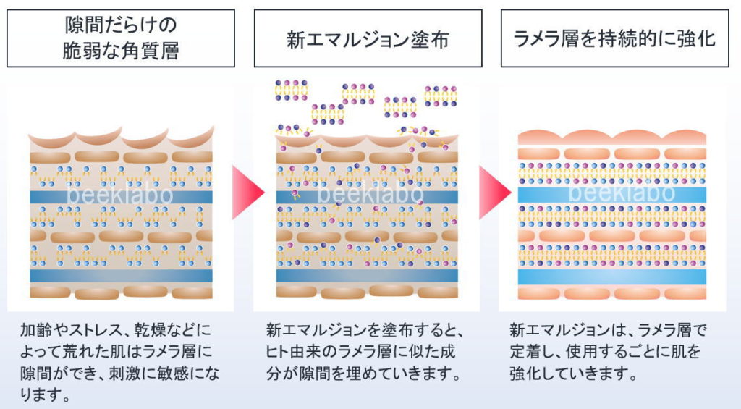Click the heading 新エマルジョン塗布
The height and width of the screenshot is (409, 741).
[x=368, y=38]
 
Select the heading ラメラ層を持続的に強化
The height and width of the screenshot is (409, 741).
[x=614, y=38]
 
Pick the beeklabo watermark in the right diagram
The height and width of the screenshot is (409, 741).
[x=622, y=193]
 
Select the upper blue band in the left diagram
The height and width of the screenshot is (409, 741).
[x=121, y=196]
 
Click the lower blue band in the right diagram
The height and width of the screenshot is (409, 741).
[x=612, y=277]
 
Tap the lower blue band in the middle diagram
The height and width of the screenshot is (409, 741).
[x=367, y=275]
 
